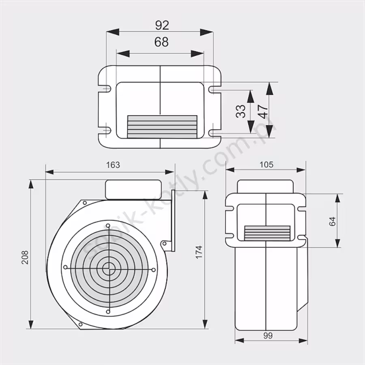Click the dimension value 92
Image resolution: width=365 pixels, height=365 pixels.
coord(162,25)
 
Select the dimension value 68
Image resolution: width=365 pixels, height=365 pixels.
coord(161,42)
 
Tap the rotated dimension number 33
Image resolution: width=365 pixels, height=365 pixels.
coord(241,111)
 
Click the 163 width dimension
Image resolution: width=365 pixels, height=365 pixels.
coord(113,165)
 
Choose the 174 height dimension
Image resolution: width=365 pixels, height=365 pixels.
coord(198,252)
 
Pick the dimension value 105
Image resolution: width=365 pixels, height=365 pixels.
coord(266,165)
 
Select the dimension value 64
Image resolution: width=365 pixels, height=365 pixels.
coord(333,221)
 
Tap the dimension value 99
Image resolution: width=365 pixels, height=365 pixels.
coord(267,335)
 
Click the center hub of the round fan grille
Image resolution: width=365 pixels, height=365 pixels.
coord(108,268)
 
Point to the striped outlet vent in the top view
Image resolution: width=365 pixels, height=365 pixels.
coord(162,126)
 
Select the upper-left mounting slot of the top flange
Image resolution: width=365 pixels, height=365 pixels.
coord(106,88)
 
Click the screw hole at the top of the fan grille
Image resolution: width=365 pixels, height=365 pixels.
coord(108,225)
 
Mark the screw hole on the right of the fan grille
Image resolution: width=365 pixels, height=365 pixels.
coord(153,269)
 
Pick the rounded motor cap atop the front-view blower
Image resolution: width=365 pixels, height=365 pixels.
coord(132,189)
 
